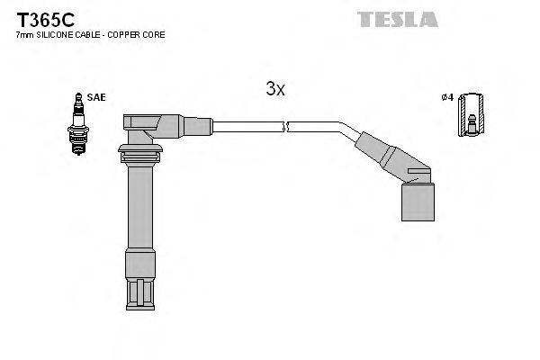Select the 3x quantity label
tap(274, 88)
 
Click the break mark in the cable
tap(284, 127)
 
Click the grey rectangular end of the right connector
tap(417, 198)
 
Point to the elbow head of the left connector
tap(149, 126)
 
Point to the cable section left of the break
tap(243, 127)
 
